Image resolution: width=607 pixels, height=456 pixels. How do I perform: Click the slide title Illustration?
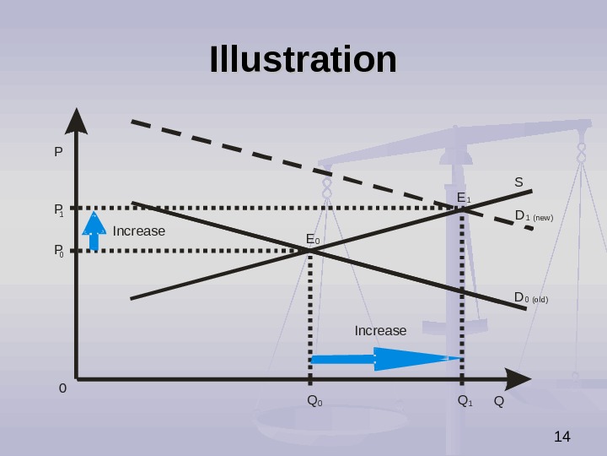[x=303, y=60]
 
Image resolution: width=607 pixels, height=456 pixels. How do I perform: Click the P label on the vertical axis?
[x=58, y=153]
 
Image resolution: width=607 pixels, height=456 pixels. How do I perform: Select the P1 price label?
[x=59, y=209]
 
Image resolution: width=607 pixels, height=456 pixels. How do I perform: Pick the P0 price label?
[x=59, y=251]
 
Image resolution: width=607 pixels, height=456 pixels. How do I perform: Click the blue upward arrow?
[x=94, y=231]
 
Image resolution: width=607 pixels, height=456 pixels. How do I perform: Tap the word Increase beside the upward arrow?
[x=139, y=231]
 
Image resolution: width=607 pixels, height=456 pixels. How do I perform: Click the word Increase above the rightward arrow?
[x=380, y=330]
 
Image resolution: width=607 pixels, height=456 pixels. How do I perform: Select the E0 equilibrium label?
[x=313, y=241]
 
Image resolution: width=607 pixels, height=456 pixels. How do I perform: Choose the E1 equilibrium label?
[x=464, y=198]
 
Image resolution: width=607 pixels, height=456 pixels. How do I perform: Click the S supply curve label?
[x=518, y=182]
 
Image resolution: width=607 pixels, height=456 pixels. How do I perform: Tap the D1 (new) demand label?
[x=534, y=216]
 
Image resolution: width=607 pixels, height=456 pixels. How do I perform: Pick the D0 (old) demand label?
[x=531, y=298]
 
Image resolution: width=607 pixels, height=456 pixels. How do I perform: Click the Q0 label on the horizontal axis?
[x=314, y=400]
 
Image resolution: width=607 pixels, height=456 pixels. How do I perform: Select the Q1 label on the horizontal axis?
[x=465, y=400]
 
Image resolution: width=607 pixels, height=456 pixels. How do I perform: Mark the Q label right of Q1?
[x=498, y=400]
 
